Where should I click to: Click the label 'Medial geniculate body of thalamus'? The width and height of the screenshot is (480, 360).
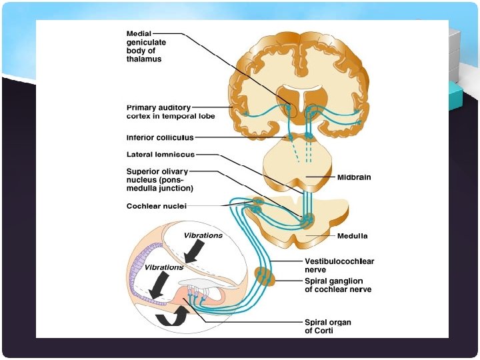(147, 45)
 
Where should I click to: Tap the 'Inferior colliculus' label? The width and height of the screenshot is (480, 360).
(160, 138)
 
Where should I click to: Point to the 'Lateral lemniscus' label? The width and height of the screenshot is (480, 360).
(161, 155)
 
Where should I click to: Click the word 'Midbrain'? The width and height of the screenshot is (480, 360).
(354, 178)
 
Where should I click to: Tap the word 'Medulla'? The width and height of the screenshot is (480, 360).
(352, 236)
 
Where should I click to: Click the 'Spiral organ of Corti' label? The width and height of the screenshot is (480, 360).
(327, 327)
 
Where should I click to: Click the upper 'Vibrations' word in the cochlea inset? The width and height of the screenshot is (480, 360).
(203, 236)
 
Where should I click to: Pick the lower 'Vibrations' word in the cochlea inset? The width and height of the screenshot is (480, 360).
(164, 267)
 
